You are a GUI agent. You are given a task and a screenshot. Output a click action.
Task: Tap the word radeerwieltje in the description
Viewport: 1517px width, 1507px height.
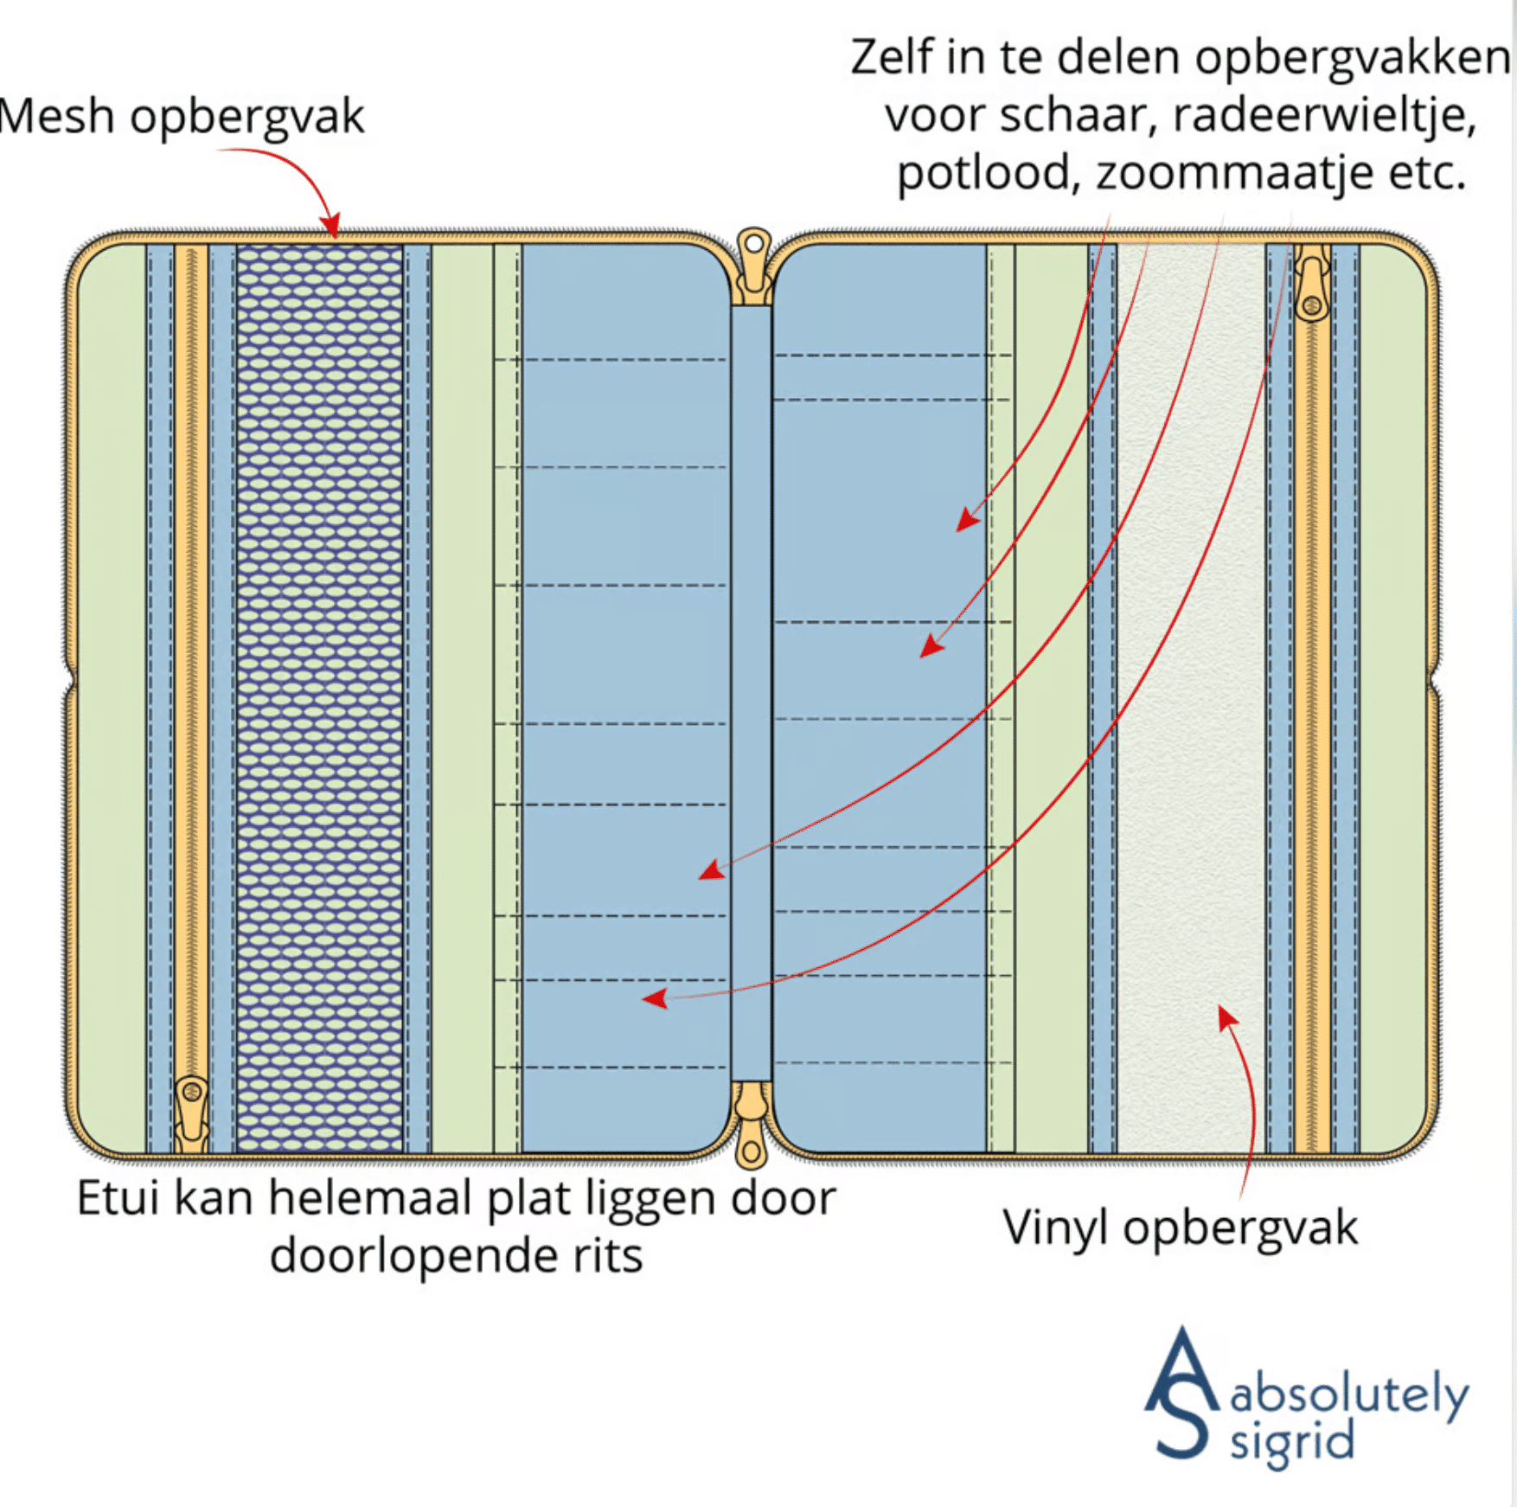pyautogui.click(x=1325, y=115)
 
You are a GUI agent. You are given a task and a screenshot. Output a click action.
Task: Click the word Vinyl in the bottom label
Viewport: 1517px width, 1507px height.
pyautogui.click(x=1054, y=1228)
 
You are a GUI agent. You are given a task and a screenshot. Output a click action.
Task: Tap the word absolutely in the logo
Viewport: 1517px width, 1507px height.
pyautogui.click(x=1349, y=1394)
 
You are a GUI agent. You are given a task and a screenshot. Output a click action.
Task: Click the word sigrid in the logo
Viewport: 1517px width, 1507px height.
pyautogui.click(x=1292, y=1442)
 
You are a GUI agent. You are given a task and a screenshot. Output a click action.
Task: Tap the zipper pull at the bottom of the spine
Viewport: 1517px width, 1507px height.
pyautogui.click(x=751, y=1125)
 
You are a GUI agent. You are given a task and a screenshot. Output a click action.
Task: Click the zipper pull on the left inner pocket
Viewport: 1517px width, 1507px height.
pyautogui.click(x=191, y=1113)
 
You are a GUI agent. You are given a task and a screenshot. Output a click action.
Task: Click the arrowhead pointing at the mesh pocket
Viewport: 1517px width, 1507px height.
pyautogui.click(x=331, y=226)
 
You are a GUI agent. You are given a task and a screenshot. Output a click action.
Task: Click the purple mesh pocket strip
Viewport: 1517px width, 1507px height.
pyautogui.click(x=319, y=697)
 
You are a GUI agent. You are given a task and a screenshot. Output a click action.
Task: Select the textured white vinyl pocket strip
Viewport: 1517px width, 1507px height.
pyautogui.click(x=1191, y=697)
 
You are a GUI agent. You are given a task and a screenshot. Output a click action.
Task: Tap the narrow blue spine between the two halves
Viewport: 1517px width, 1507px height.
pyautogui.click(x=751, y=692)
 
